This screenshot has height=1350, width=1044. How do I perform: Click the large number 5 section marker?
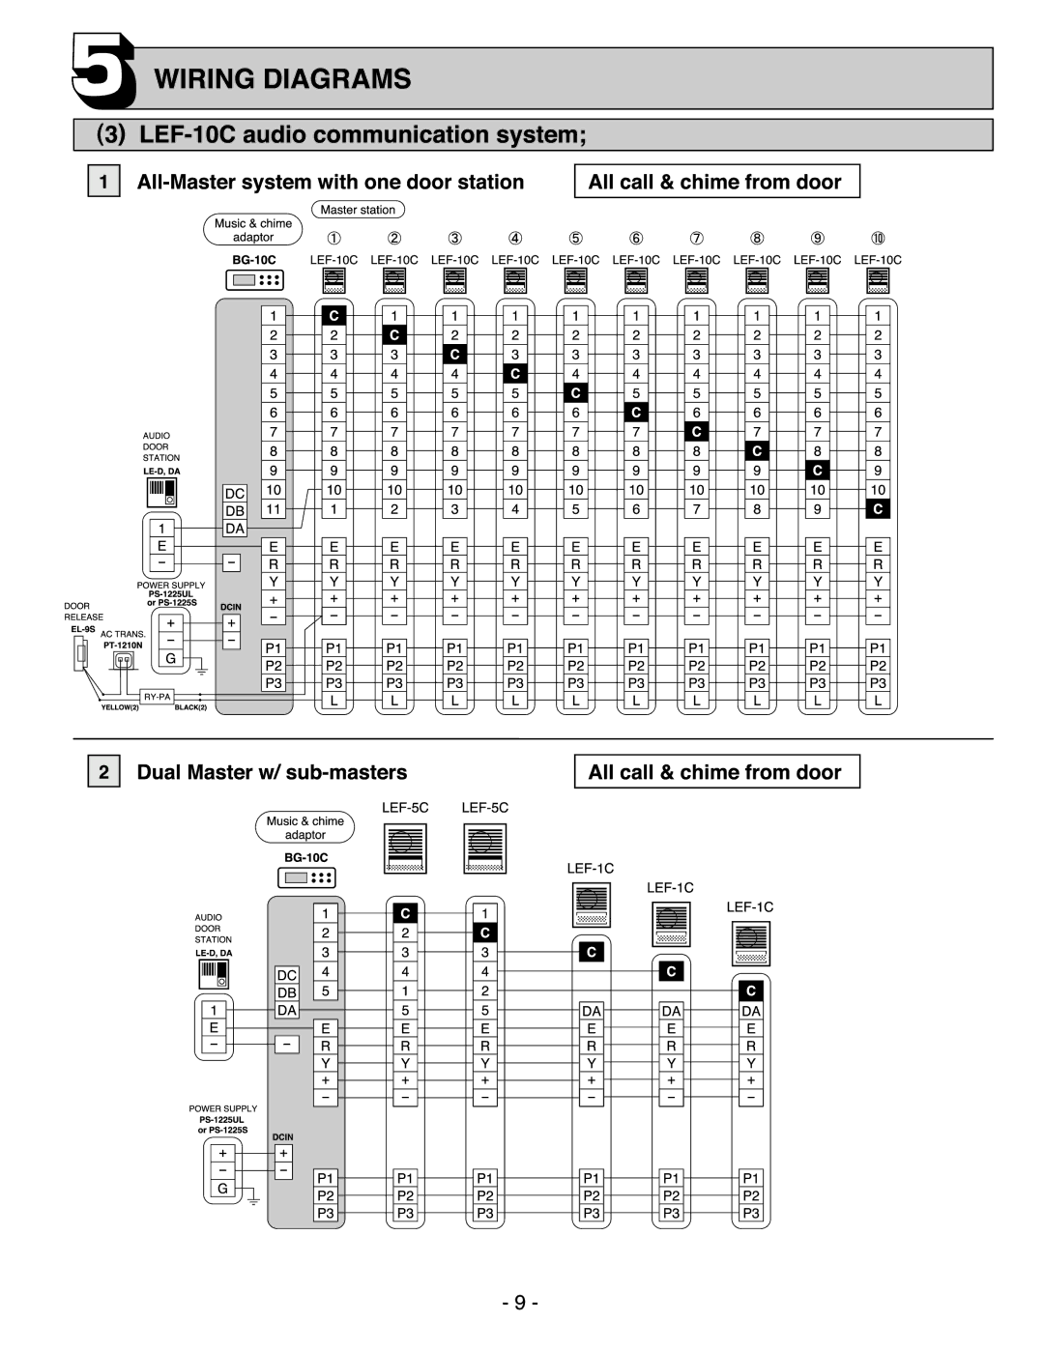pos(103,72)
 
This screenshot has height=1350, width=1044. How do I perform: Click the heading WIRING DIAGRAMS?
pos(282,79)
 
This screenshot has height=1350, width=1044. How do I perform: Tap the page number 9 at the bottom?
pos(520,1302)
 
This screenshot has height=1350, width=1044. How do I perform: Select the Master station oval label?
pos(358,210)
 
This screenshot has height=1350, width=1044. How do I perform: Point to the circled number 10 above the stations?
pos(878,238)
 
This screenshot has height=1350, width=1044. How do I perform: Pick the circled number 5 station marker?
pos(575,238)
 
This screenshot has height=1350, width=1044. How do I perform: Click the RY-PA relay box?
pos(158,697)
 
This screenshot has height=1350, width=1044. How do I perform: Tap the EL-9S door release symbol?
pos(80,653)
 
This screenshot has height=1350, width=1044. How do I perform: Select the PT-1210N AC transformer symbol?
pos(125,661)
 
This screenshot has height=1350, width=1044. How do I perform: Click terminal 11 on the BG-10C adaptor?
pos(274,509)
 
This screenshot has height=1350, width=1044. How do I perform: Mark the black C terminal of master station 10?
pos(878,509)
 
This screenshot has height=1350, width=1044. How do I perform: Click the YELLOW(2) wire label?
pos(120,707)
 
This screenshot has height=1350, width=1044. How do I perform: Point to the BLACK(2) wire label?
pos(190,707)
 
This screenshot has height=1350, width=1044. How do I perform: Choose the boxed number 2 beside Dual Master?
pos(103,771)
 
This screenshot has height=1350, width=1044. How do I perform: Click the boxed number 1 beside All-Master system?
pos(103,182)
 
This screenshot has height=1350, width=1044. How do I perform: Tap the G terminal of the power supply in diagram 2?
pos(222,1189)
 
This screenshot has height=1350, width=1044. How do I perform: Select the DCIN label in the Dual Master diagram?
pos(282,1136)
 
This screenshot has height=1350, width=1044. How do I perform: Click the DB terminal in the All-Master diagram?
pos(235,510)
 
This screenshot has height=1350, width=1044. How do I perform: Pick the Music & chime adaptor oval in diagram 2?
pos(305,827)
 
